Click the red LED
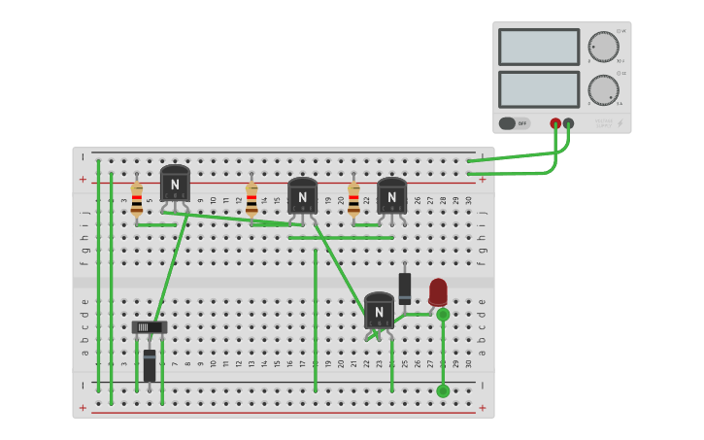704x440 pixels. (x=438, y=291)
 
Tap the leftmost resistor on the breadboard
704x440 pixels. (x=137, y=198)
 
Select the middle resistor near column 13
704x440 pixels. (x=251, y=198)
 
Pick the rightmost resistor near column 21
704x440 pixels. (x=353, y=198)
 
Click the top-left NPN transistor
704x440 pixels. (x=175, y=183)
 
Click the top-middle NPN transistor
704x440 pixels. (x=302, y=195)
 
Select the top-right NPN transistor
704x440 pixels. (x=391, y=195)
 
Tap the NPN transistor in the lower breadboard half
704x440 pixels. (x=379, y=310)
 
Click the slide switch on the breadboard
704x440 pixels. (x=150, y=327)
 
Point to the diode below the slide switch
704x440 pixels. (x=150, y=365)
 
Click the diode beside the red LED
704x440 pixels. (x=405, y=288)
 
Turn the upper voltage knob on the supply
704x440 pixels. (x=603, y=47)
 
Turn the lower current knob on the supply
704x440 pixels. (x=603, y=89)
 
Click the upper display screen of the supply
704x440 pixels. (x=539, y=47)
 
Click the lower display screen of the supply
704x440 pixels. (x=539, y=89)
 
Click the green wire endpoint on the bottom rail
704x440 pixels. (x=443, y=390)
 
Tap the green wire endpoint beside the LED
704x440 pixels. (x=443, y=315)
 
